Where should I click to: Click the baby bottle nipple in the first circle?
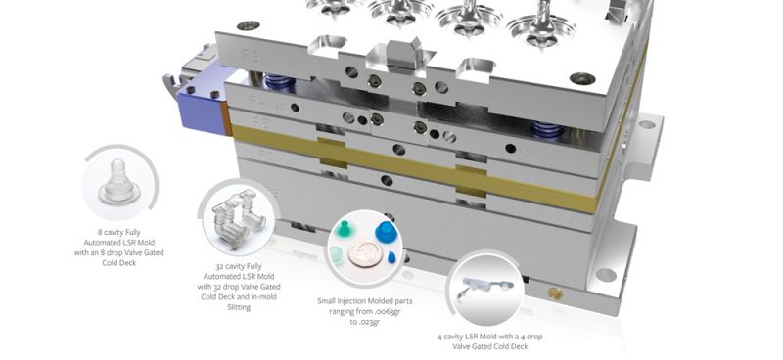119,182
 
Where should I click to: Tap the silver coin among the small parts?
365,253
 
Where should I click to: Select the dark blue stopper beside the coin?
386,232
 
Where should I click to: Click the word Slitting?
239,307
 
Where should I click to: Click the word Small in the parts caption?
327,301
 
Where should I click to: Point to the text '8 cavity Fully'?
118,232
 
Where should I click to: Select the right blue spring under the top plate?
549,129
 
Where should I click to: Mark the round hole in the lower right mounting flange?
606,275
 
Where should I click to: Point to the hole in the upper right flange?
647,124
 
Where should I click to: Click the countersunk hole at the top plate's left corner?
249,25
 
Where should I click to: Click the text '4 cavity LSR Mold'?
466,337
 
